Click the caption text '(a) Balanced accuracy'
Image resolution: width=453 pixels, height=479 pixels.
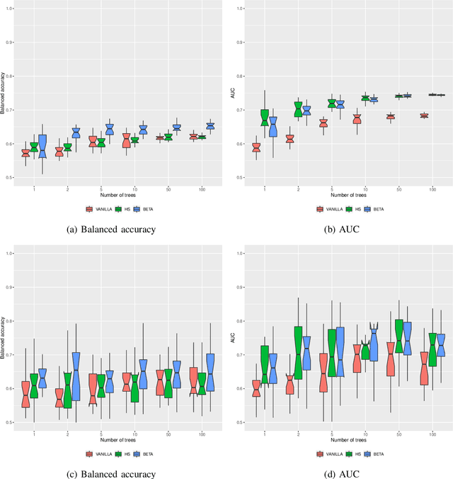tap(111, 230)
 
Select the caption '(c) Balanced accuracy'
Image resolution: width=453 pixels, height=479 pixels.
tap(111, 473)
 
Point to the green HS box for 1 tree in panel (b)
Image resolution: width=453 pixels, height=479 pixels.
tap(265, 118)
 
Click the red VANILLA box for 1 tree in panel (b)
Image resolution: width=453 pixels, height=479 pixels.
tap(256, 147)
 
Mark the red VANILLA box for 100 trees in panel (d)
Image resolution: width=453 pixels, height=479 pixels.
tap(424, 368)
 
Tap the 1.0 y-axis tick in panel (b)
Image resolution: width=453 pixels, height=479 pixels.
tap(241, 9)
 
